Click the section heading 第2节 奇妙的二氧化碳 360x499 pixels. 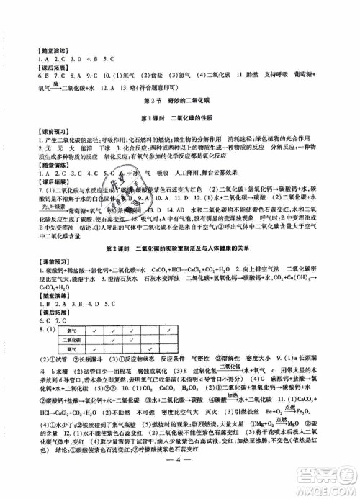click(180, 103)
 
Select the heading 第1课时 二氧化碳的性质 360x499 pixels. click(180, 117)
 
